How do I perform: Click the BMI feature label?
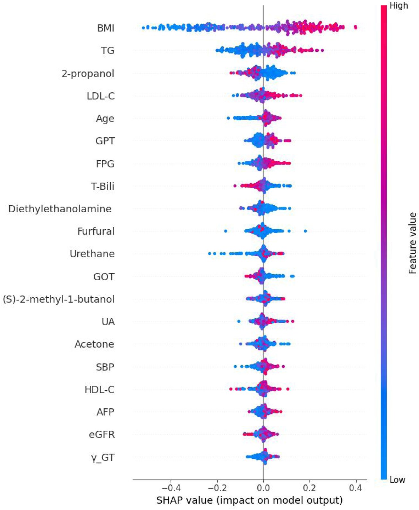tap(106, 28)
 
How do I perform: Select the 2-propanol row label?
tap(88, 74)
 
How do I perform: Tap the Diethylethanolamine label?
tap(60, 209)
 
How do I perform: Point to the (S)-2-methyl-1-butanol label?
tap(59, 299)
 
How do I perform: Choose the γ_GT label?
tap(103, 457)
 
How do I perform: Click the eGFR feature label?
tap(102, 435)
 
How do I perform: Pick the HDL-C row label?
tap(99, 390)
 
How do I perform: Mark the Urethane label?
tap(92, 254)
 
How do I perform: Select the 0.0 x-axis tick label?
tap(263, 489)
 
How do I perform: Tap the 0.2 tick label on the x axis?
tap(310, 489)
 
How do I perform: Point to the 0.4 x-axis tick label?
tap(356, 489)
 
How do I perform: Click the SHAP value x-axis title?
tap(249, 500)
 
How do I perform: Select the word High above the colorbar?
tap(399, 6)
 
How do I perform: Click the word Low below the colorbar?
tap(398, 480)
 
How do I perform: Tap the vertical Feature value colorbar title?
tap(412, 243)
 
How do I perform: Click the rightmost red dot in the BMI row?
tap(355, 27)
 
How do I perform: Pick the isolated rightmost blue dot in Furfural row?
tap(305, 231)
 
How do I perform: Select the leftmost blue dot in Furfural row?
tap(226, 231)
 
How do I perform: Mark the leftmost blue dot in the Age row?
tap(228, 118)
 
